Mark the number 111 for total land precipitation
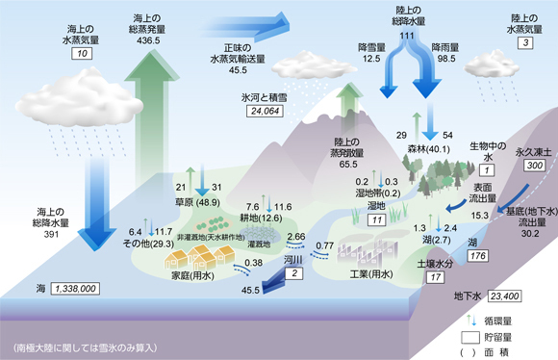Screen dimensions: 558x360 [x=406, y=36]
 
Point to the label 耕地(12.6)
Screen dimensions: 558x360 [x=263, y=217]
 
